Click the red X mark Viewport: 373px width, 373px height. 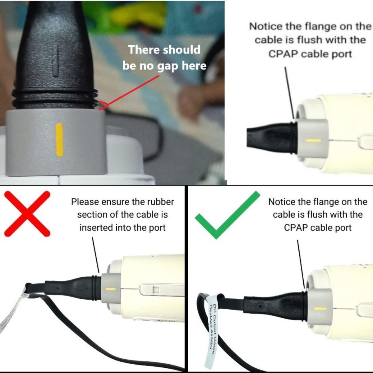27,214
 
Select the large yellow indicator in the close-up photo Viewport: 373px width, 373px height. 59,140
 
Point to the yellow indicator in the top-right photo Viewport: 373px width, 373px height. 313,140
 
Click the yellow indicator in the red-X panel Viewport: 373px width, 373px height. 110,289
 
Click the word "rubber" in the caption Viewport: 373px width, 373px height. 161,202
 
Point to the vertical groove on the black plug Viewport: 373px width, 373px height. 55,62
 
